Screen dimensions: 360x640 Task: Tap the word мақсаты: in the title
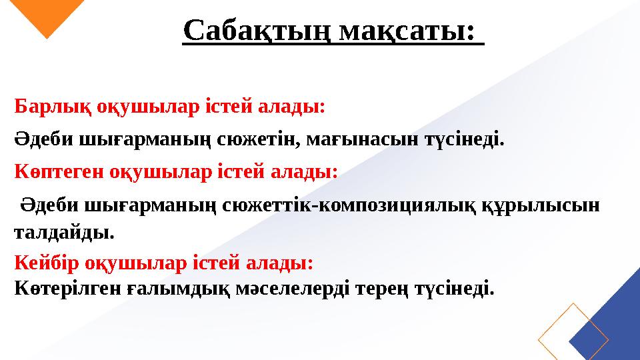point(408,30)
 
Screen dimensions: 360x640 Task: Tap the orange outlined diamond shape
point(573,332)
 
